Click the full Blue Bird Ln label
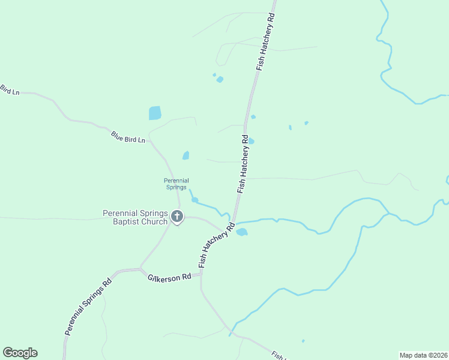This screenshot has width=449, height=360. point(128,137)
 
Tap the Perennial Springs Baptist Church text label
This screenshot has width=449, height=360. point(135,217)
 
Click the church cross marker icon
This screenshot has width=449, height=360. point(176,216)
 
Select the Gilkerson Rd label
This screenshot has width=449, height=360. point(169,277)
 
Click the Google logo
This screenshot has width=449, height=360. point(20,353)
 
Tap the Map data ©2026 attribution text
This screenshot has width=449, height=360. point(423,355)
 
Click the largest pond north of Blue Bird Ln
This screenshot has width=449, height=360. point(155,113)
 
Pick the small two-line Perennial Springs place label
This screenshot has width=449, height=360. point(176,184)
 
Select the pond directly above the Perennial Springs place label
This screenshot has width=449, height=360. point(186,155)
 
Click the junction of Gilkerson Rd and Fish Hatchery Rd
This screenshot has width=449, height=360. point(202,275)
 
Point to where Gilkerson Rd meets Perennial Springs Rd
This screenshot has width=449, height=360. point(141,268)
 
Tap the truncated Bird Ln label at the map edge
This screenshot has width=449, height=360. point(9,90)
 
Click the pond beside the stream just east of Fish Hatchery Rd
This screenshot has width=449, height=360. point(242,232)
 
